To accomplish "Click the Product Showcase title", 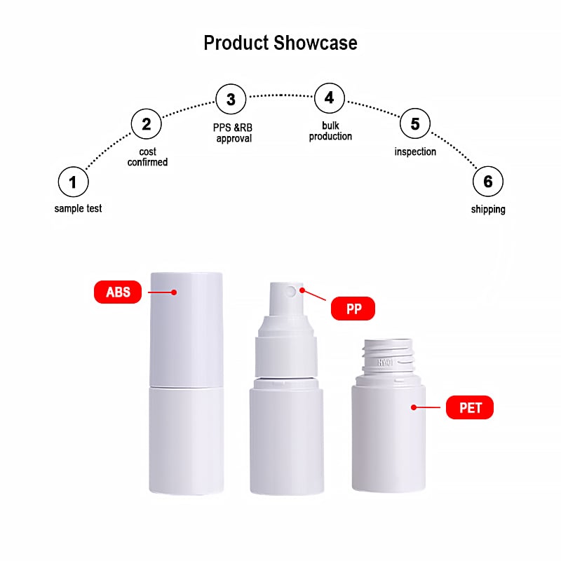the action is point(280,43).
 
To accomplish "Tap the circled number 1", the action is point(74,182).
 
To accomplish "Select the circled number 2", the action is point(147,124).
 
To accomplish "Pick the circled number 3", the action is point(231,99).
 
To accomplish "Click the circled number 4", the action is point(330,98).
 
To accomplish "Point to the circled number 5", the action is point(415,123).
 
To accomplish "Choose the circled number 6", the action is point(488,182).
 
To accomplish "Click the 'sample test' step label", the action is point(78,208).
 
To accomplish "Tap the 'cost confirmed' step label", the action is point(147,156).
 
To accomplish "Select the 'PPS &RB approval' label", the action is point(233,133).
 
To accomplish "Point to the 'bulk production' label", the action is point(330,131).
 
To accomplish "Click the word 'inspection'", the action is point(415,151).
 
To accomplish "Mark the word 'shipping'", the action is point(488,209).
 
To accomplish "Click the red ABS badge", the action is point(118,292).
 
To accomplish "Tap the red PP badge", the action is point(353,309).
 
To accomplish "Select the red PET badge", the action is point(470,407).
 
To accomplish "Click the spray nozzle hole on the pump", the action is point(291,292).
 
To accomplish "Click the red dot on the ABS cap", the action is point(174,292).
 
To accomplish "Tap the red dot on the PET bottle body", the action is point(414,407).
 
